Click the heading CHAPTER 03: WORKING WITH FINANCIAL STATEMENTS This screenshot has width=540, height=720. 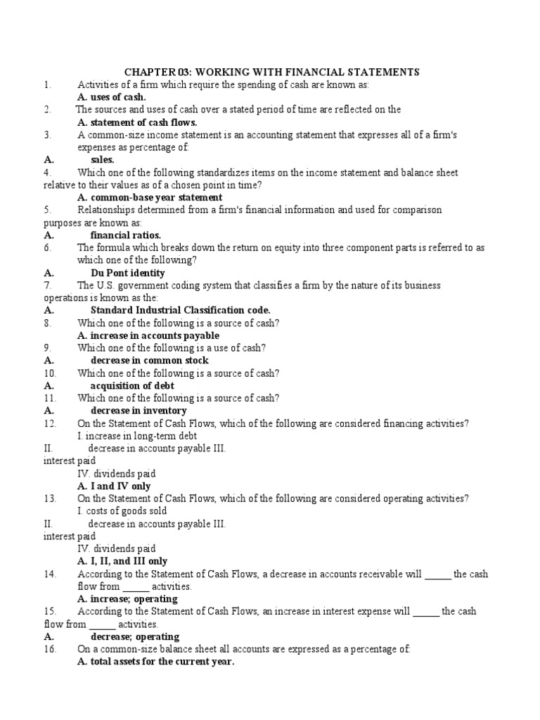(x=271, y=72)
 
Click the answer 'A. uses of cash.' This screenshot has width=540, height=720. (x=111, y=97)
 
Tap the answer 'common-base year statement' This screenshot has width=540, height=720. (x=156, y=198)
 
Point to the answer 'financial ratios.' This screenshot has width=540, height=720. (x=126, y=235)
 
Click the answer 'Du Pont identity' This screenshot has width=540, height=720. (x=128, y=273)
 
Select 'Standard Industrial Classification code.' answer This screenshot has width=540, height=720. (x=180, y=310)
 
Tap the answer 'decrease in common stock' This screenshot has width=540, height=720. (x=149, y=361)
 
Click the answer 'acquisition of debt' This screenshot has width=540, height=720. (x=132, y=385)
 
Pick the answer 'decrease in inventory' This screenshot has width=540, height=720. (x=139, y=411)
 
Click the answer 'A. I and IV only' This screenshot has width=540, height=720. (x=114, y=486)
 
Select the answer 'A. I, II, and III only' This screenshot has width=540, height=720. (x=122, y=561)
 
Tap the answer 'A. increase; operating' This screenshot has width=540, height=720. (x=127, y=599)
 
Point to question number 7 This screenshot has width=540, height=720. (x=47, y=285)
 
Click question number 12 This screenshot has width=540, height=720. (x=49, y=423)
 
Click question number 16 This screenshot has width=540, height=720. (x=49, y=649)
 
